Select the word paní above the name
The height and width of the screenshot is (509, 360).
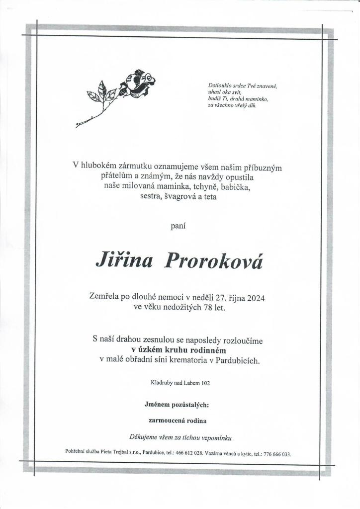point(178,226)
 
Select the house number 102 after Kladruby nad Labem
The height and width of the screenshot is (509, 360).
point(209,383)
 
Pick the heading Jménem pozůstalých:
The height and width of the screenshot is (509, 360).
point(177,405)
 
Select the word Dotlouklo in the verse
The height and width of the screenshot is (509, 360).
point(219,86)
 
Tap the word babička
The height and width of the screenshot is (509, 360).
point(235,188)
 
